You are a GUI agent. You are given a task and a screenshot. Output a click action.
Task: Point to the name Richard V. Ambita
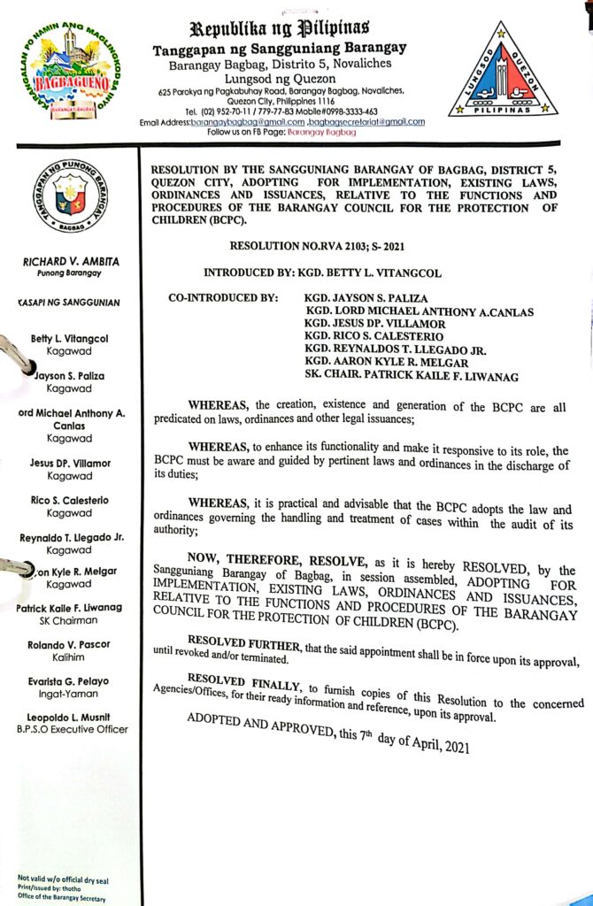[69, 262]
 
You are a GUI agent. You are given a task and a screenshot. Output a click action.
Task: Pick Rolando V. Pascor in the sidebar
[69, 644]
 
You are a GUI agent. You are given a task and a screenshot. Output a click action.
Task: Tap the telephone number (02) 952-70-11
[231, 111]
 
